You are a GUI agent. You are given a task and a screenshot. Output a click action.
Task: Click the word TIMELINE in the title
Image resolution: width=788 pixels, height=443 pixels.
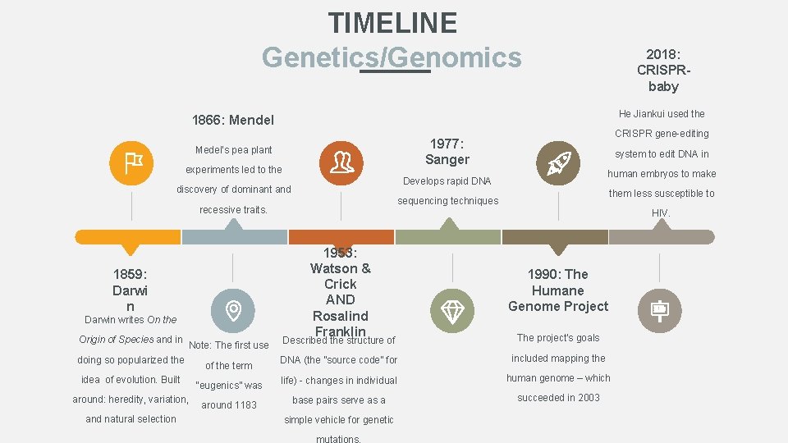click(x=392, y=22)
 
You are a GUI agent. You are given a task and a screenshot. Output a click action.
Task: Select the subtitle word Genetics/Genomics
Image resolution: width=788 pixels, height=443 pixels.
click(x=392, y=57)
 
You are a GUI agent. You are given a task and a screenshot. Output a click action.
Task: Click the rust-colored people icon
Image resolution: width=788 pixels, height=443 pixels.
click(x=340, y=162)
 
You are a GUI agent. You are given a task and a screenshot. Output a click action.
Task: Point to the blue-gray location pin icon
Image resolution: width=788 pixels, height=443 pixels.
click(x=233, y=310)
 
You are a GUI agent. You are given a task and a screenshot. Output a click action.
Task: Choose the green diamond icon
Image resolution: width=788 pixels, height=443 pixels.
click(x=451, y=310)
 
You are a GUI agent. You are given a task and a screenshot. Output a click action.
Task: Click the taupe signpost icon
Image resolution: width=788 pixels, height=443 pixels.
click(x=659, y=310)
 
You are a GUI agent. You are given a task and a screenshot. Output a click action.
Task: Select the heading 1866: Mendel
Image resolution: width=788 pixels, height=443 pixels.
click(x=233, y=120)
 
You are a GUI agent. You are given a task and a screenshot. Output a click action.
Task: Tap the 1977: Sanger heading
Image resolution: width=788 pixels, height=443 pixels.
click(x=447, y=151)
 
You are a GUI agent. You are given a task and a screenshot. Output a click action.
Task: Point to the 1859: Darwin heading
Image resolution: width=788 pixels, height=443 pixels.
click(x=130, y=290)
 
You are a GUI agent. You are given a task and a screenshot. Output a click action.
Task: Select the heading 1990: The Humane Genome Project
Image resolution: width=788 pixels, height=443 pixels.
click(x=558, y=290)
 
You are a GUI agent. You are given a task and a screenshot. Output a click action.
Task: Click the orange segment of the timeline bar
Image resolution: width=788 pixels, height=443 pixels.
click(x=127, y=237)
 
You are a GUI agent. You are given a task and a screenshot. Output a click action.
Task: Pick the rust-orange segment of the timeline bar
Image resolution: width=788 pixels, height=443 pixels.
click(x=341, y=237)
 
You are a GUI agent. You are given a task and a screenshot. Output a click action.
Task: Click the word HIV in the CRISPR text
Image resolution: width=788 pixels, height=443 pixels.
click(x=660, y=213)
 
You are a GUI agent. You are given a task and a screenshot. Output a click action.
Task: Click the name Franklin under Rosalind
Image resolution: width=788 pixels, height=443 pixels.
click(x=340, y=331)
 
